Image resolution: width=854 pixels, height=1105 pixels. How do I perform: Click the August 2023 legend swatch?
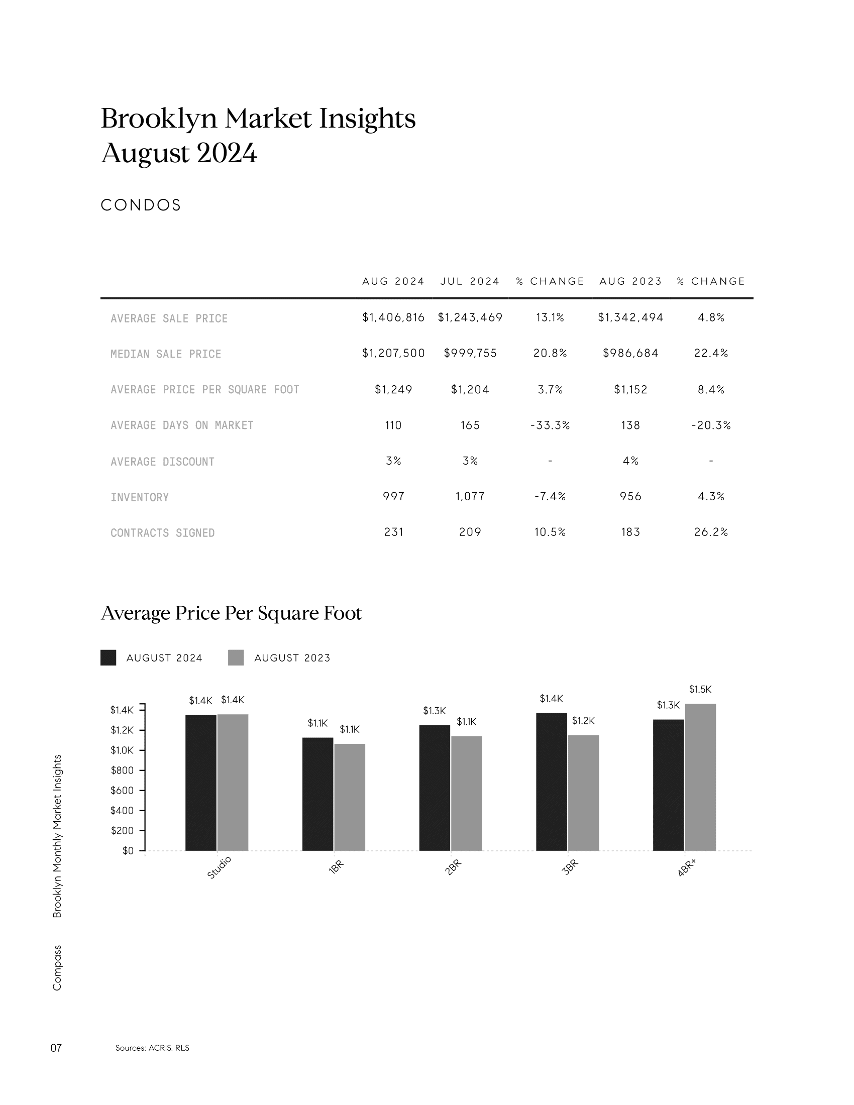click(x=236, y=658)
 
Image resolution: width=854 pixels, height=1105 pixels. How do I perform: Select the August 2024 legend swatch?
click(x=109, y=658)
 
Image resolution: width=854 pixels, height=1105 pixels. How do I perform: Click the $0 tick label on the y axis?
click(x=128, y=851)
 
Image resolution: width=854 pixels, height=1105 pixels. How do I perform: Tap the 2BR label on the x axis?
click(x=453, y=867)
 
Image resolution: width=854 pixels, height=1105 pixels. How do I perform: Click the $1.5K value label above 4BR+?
click(x=700, y=689)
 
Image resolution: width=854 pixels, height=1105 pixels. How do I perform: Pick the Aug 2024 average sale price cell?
click(x=393, y=317)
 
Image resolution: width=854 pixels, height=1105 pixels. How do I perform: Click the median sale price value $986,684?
click(x=630, y=353)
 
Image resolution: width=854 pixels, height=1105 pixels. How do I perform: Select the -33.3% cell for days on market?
click(x=550, y=425)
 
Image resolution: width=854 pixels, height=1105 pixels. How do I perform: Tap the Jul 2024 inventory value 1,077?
click(x=470, y=497)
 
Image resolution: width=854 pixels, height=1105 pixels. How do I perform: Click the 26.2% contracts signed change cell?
click(x=711, y=532)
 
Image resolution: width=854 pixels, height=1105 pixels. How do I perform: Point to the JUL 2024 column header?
click(x=470, y=281)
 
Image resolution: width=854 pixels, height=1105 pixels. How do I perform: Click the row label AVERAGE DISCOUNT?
click(x=162, y=462)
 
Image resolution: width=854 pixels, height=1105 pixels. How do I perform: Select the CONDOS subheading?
click(x=141, y=205)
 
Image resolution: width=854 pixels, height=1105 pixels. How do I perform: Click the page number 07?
click(x=56, y=1048)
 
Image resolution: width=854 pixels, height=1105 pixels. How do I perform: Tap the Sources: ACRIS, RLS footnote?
click(x=152, y=1048)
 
